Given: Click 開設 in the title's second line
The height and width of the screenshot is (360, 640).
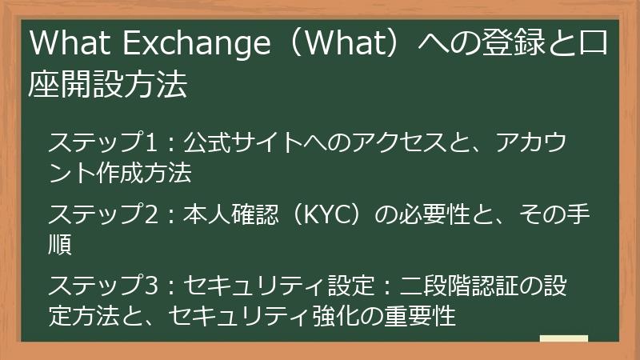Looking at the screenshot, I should tap(94, 85).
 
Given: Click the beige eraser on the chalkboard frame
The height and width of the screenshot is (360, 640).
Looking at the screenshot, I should tap(564, 340).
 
